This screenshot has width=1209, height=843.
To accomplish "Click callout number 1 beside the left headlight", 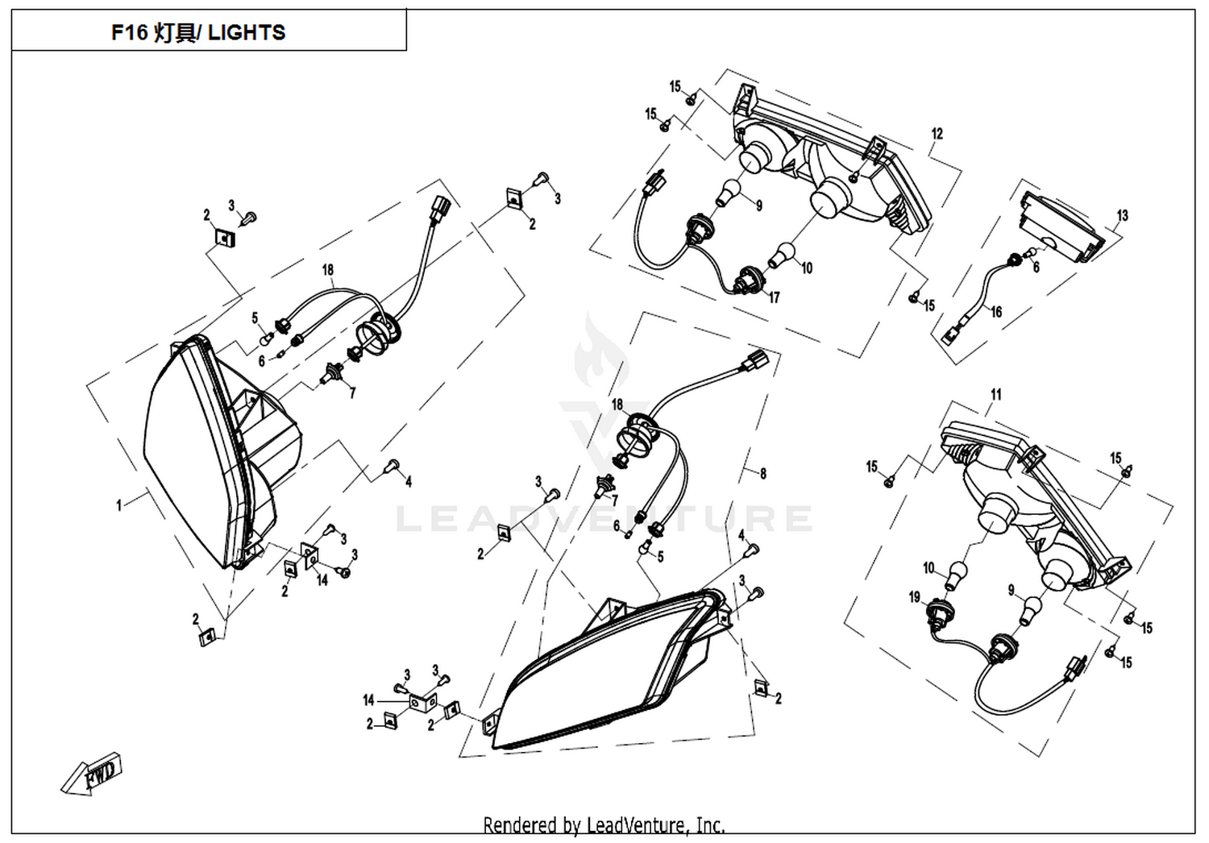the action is click(118, 505).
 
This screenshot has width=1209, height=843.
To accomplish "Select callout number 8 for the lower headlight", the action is click(762, 473).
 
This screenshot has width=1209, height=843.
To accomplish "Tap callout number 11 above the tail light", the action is click(995, 395).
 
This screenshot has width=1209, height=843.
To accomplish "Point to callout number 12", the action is click(937, 134).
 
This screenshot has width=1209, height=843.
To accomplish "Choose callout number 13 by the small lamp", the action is click(1122, 215).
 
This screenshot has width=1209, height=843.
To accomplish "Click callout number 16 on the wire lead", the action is click(995, 312).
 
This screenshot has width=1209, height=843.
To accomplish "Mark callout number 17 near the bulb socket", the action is click(774, 297).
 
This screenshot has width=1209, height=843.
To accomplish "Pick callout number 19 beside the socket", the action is click(914, 597).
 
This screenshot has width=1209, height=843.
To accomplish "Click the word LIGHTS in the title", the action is click(247, 33).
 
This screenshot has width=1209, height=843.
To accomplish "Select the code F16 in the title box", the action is click(130, 33).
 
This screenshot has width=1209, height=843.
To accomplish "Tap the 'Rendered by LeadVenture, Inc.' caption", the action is click(604, 825).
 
